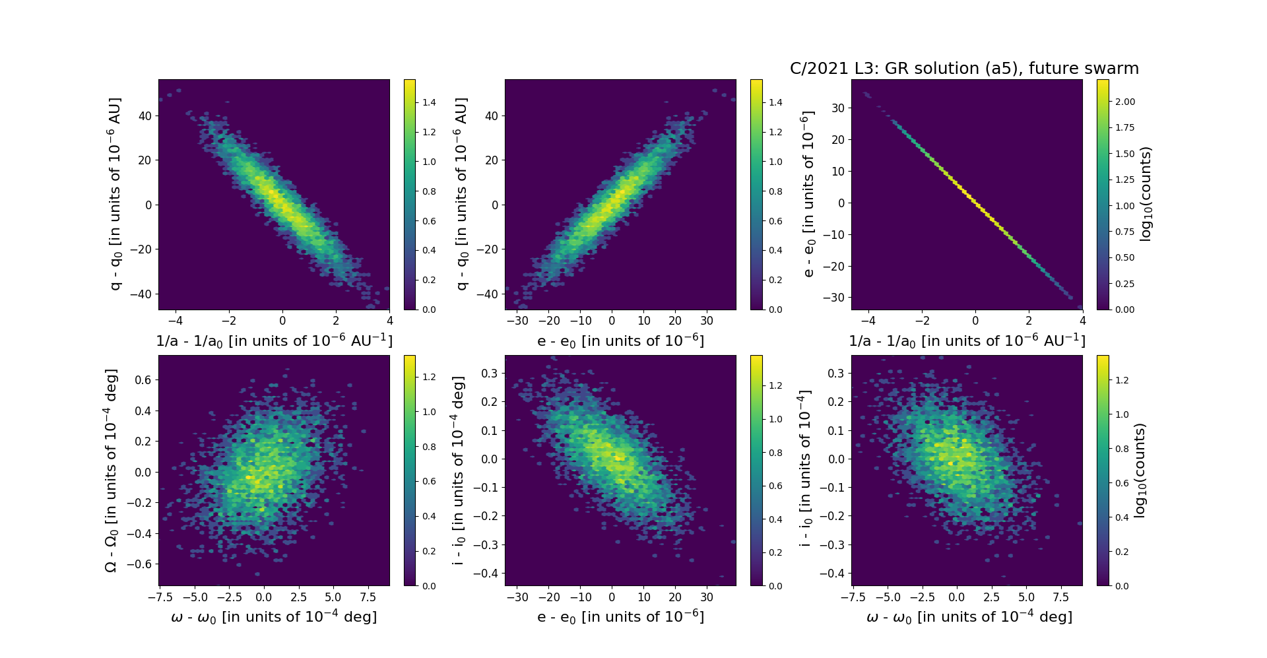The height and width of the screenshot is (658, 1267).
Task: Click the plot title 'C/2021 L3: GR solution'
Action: click(x=964, y=69)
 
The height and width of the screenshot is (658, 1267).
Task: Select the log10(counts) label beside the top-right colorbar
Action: click(x=1146, y=194)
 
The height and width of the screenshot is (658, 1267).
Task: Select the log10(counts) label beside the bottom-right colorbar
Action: click(x=1140, y=471)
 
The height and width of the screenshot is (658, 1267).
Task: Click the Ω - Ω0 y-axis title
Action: click(x=111, y=471)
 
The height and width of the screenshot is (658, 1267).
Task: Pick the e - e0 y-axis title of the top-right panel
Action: click(x=807, y=194)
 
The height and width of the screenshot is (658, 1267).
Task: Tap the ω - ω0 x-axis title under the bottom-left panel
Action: click(x=274, y=617)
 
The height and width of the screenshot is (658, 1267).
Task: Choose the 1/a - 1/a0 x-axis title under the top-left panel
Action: click(x=274, y=341)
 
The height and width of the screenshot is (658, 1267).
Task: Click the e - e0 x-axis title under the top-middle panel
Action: click(x=620, y=341)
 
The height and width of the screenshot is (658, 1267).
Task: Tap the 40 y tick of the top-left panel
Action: click(x=144, y=116)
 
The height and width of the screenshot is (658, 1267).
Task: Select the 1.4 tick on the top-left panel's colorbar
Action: click(x=429, y=102)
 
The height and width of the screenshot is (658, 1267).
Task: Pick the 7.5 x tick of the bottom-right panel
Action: click(x=1060, y=597)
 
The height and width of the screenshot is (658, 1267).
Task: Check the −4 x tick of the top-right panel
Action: click(x=868, y=321)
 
